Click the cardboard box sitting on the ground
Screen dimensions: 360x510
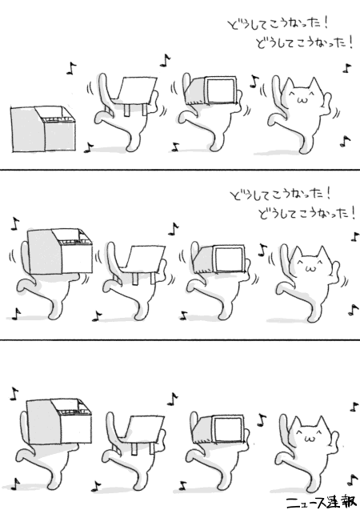pos(43,129)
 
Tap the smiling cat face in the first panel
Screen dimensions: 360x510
pos(302,95)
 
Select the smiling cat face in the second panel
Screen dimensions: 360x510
pos(310,263)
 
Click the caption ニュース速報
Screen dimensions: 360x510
pos(321,502)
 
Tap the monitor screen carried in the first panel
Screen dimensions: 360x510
pos(221,90)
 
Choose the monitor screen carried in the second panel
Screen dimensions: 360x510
pos(230,259)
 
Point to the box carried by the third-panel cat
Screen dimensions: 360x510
pos(59,421)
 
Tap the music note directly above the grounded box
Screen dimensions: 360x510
pos(71,69)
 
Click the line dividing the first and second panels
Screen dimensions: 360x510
pos(180,170)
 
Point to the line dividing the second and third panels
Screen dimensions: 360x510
pos(180,340)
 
